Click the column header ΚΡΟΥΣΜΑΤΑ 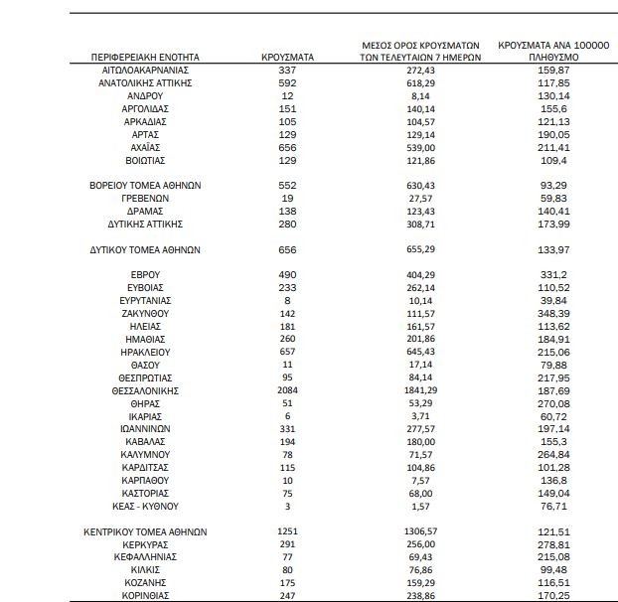point(287,58)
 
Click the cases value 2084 point(287,391)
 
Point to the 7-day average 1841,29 point(421,391)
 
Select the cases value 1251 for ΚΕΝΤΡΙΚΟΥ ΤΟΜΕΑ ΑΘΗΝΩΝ point(287,532)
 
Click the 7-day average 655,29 point(421,248)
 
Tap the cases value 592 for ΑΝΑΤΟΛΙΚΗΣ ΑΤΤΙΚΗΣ point(287,83)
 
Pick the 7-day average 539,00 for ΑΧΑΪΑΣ point(421,147)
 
